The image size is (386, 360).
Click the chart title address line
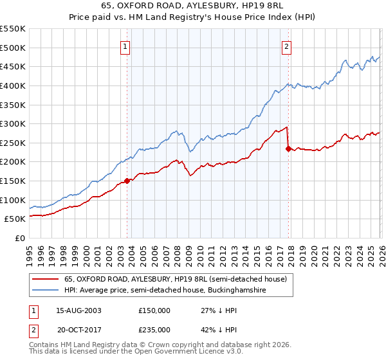pyautogui.click(x=193, y=6)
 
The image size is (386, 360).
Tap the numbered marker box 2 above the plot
pyautogui.click(x=286, y=46)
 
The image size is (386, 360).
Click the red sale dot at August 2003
pyautogui.click(x=127, y=181)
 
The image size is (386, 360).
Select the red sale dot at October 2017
pyautogui.click(x=288, y=148)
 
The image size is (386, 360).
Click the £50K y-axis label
pyautogui.click(x=15, y=219)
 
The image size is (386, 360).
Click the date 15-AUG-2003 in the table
pyautogui.click(x=78, y=310)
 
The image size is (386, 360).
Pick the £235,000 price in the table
pyautogui.click(x=154, y=329)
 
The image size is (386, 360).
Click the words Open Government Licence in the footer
pyautogui.click(x=152, y=353)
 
